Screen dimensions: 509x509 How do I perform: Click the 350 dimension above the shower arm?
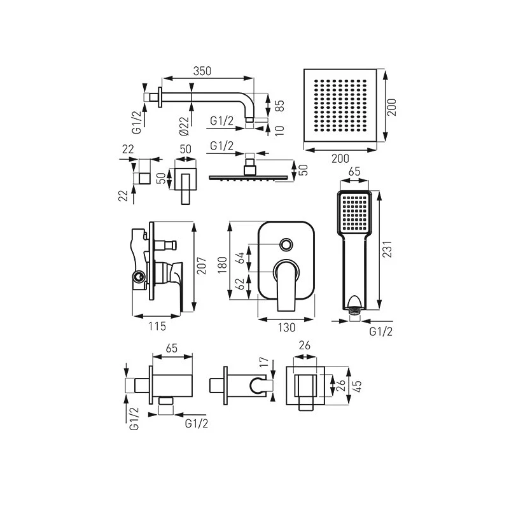pyautogui.click(x=202, y=71)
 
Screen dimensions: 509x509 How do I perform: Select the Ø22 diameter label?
pyautogui.click(x=184, y=125)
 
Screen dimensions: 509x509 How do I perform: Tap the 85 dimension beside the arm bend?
pyautogui.click(x=279, y=106)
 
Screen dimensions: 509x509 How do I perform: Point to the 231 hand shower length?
pyautogui.click(x=387, y=249)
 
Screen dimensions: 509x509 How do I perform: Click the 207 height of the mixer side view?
pyautogui.click(x=201, y=265)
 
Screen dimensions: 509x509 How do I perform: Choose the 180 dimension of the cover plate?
pyautogui.click(x=222, y=265)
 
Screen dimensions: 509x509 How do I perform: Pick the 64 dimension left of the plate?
pyautogui.click(x=240, y=258)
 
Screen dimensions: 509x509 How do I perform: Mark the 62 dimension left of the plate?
pyautogui.click(x=240, y=284)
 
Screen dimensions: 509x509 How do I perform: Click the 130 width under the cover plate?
pyautogui.click(x=286, y=328)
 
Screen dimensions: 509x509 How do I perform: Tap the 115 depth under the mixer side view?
pyautogui.click(x=157, y=326)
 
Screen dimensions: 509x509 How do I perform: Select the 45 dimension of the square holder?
pyautogui.click(x=357, y=386)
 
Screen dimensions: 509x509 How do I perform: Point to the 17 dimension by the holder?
pyautogui.click(x=265, y=361)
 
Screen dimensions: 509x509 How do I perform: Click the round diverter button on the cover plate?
pyautogui.click(x=286, y=244)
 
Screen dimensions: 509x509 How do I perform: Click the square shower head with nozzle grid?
pyautogui.click(x=340, y=105)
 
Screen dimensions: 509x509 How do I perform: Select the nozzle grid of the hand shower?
pyautogui.click(x=354, y=212)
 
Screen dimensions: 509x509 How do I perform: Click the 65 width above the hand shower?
pyautogui.click(x=354, y=171)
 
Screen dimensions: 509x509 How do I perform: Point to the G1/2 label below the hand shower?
pyautogui.click(x=380, y=331)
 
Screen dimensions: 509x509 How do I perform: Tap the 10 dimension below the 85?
pyautogui.click(x=279, y=130)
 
